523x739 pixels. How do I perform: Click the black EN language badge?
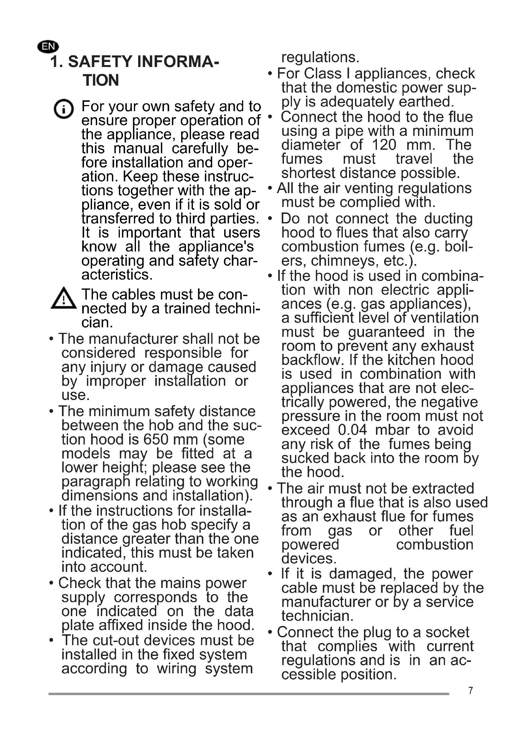(x=48, y=46)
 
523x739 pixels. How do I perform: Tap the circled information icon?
(x=64, y=109)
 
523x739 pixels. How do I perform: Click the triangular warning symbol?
(x=64, y=299)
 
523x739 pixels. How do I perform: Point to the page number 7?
(x=471, y=691)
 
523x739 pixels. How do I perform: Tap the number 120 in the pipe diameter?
(x=384, y=145)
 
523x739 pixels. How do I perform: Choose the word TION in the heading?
(x=101, y=80)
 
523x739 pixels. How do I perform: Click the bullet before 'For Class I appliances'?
(x=270, y=74)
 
